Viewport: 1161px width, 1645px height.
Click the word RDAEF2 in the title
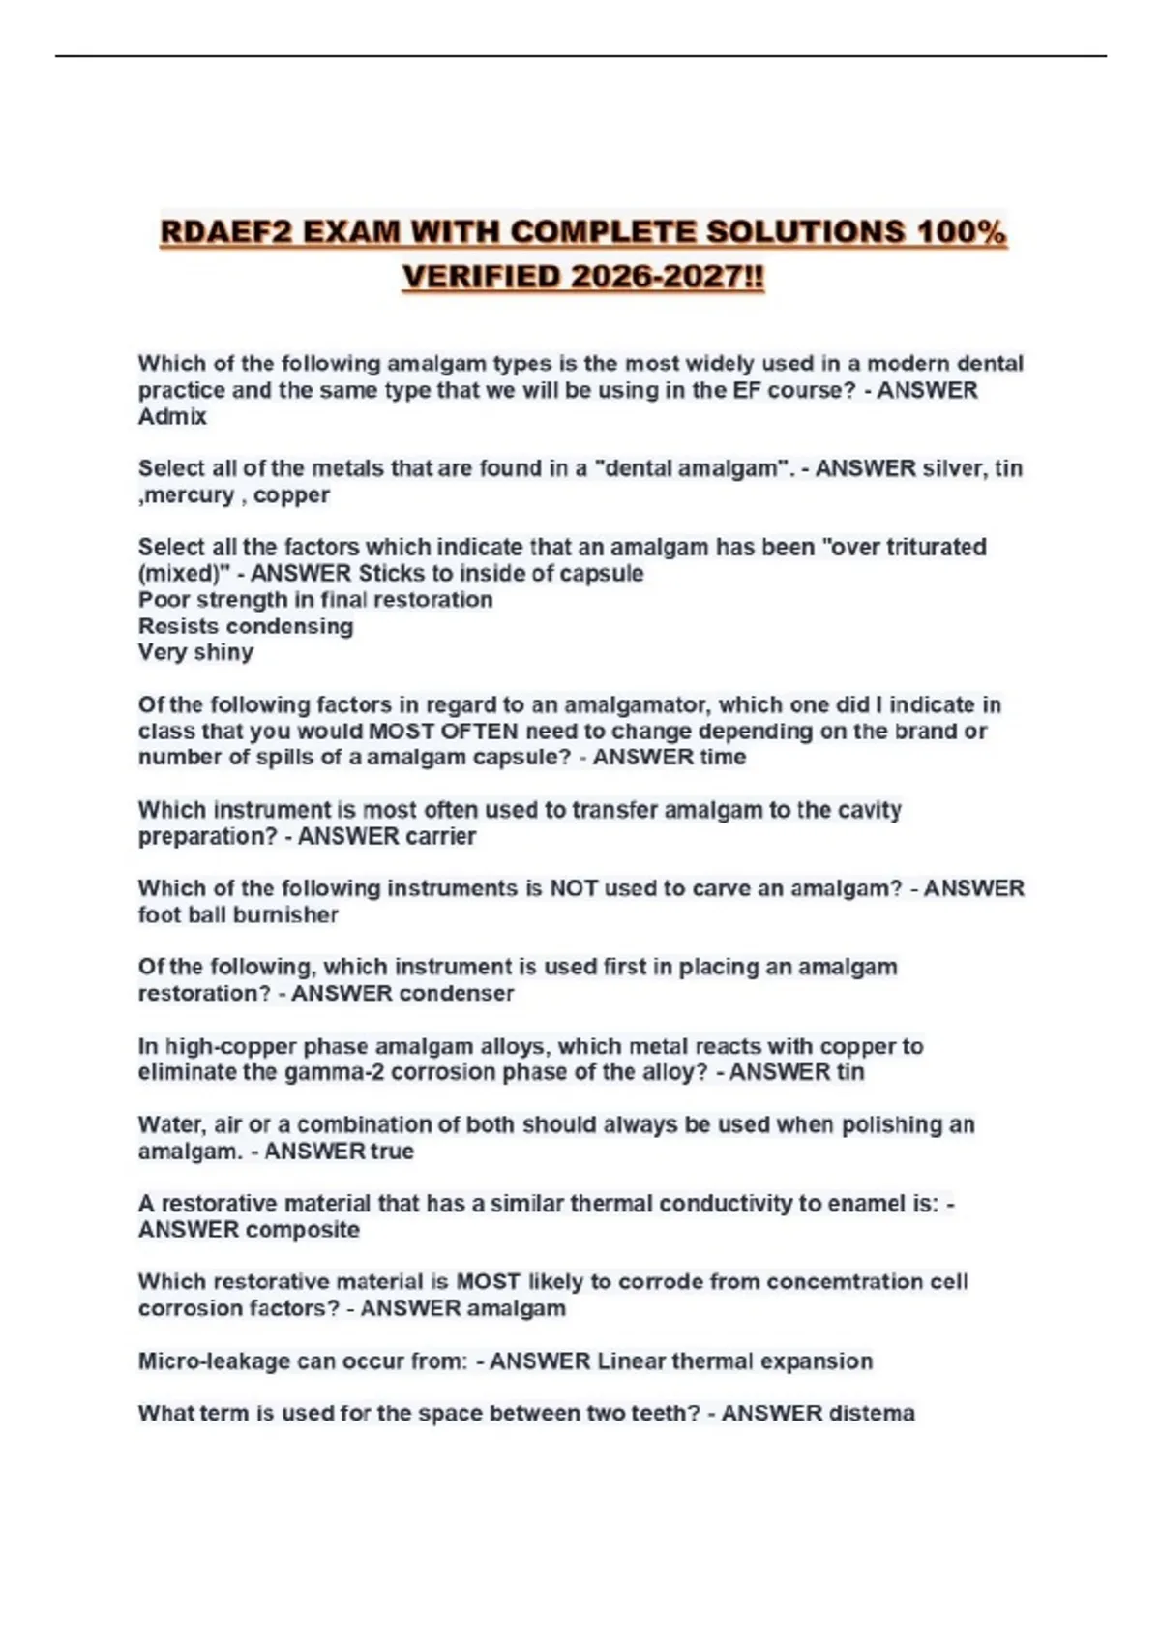(224, 233)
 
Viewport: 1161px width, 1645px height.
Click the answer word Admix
(172, 417)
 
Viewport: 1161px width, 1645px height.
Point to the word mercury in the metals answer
(190, 495)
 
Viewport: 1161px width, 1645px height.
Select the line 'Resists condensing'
(246, 626)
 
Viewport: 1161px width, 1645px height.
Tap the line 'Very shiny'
(195, 652)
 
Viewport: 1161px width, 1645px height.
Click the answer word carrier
(433, 837)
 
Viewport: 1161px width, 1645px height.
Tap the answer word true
(392, 1151)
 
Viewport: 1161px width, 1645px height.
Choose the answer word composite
(304, 1230)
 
